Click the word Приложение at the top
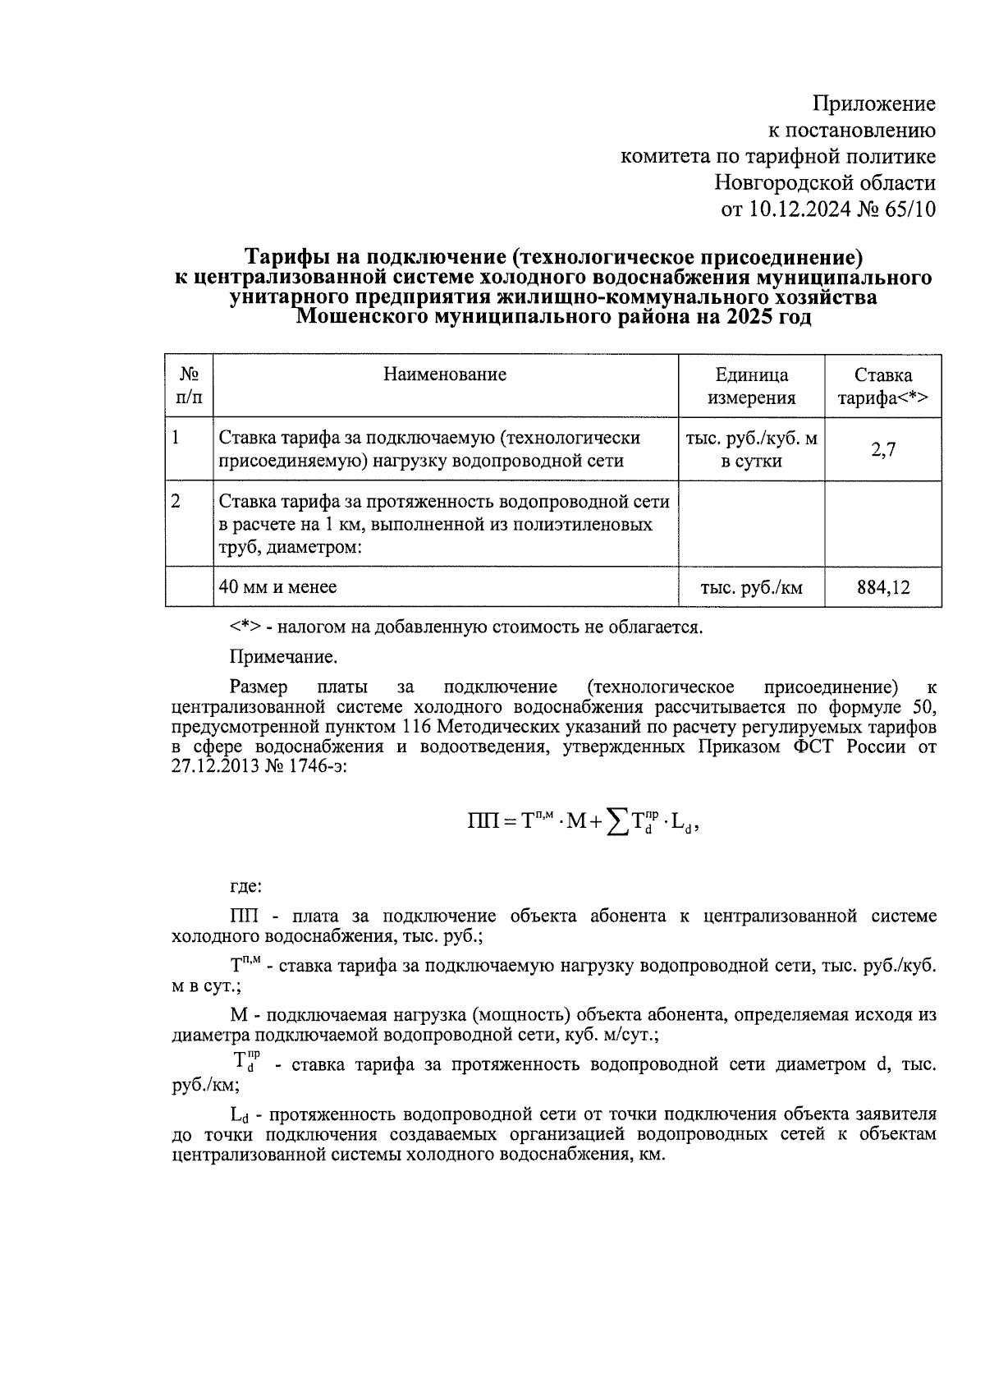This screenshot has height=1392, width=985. tap(873, 104)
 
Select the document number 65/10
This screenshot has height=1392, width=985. tap(908, 209)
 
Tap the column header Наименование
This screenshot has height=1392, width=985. tap(445, 375)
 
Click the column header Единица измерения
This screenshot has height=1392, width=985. tap(751, 387)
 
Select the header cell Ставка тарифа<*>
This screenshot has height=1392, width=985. tap(882, 387)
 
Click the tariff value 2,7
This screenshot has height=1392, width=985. tap(882, 449)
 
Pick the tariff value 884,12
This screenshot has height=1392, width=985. tap(882, 587)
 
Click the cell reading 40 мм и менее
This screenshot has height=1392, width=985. tap(278, 586)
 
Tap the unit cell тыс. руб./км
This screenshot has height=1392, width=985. tap(751, 587)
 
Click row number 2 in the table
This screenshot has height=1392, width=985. tap(176, 501)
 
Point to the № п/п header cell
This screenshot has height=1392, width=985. tap(190, 387)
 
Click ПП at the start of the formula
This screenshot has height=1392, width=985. tap(483, 822)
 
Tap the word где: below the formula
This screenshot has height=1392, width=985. tap(245, 887)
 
